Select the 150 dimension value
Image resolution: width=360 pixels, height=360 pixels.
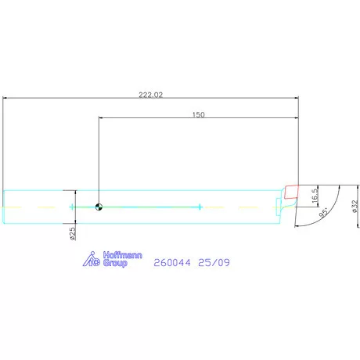click(x=198, y=114)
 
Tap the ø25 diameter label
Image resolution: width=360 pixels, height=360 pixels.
click(x=72, y=232)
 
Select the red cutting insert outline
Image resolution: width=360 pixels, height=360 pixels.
click(x=293, y=190)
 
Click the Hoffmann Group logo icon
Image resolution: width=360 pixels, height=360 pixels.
click(x=92, y=260)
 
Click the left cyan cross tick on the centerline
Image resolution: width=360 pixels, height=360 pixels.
click(x=72, y=207)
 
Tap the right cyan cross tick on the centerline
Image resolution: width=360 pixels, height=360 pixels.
click(x=200, y=207)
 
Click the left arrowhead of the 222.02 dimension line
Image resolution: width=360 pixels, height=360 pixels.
click(x=6, y=99)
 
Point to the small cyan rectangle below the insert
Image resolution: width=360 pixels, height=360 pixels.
click(x=279, y=206)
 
